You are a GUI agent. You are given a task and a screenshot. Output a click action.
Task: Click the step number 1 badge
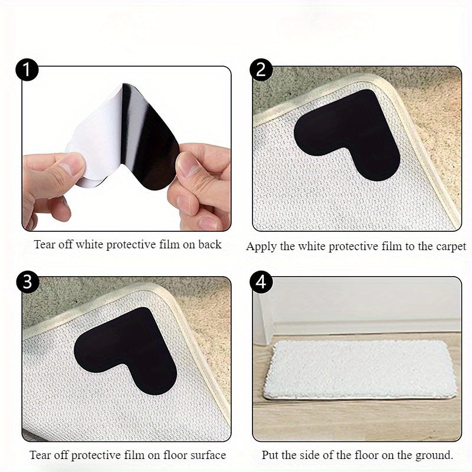pos(27,70)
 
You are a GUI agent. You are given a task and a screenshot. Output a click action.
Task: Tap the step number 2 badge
pos(261,70)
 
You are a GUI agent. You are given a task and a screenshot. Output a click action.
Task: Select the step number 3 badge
pos(27,281)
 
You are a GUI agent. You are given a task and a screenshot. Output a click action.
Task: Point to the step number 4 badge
pos(261,281)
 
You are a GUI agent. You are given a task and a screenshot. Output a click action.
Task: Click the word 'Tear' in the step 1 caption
pos(45,244)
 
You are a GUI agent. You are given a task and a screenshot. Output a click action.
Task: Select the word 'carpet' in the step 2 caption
pos(450,247)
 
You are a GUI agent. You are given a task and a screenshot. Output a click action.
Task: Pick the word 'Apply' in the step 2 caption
pos(260,247)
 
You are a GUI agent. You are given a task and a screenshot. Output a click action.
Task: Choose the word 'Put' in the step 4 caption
pos(270,455)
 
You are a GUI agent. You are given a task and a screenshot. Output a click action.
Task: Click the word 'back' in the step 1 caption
pos(209,244)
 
